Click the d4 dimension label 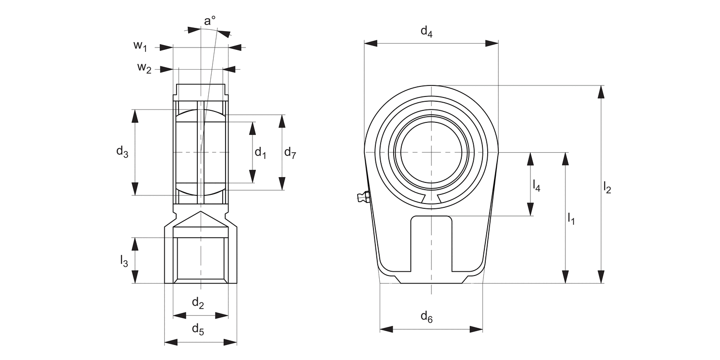[x=427, y=32]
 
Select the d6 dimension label [x=427, y=317]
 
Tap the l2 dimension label [x=607, y=188]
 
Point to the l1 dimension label [x=571, y=218]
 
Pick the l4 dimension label [x=537, y=185]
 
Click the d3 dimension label [x=122, y=152]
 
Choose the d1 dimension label [x=260, y=153]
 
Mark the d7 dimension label [x=290, y=153]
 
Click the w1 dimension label [x=140, y=46]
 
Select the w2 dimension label [x=144, y=68]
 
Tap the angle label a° [x=210, y=21]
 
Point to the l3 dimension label [x=124, y=261]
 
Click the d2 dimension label [x=198, y=303]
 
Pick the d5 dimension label [x=198, y=329]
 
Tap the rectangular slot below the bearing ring [x=431, y=242]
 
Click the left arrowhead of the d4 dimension [x=371, y=43]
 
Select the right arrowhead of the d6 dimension [x=476, y=329]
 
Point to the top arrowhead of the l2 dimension [x=600, y=92]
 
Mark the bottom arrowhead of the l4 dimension [x=530, y=209]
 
